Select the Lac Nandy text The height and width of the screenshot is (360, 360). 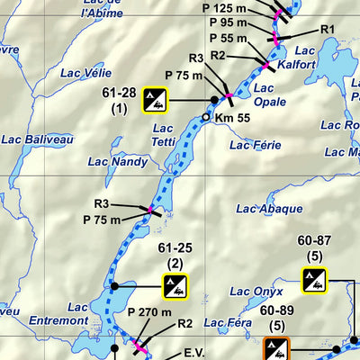117,162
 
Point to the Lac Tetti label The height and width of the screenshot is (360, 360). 162,134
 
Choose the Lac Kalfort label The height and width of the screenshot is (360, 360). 306,57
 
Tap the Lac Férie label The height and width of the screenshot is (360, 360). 258,144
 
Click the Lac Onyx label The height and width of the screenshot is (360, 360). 256,291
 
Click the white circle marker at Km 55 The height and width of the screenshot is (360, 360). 205,117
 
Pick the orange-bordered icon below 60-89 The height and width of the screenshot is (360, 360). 278,348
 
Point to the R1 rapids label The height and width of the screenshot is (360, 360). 327,29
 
